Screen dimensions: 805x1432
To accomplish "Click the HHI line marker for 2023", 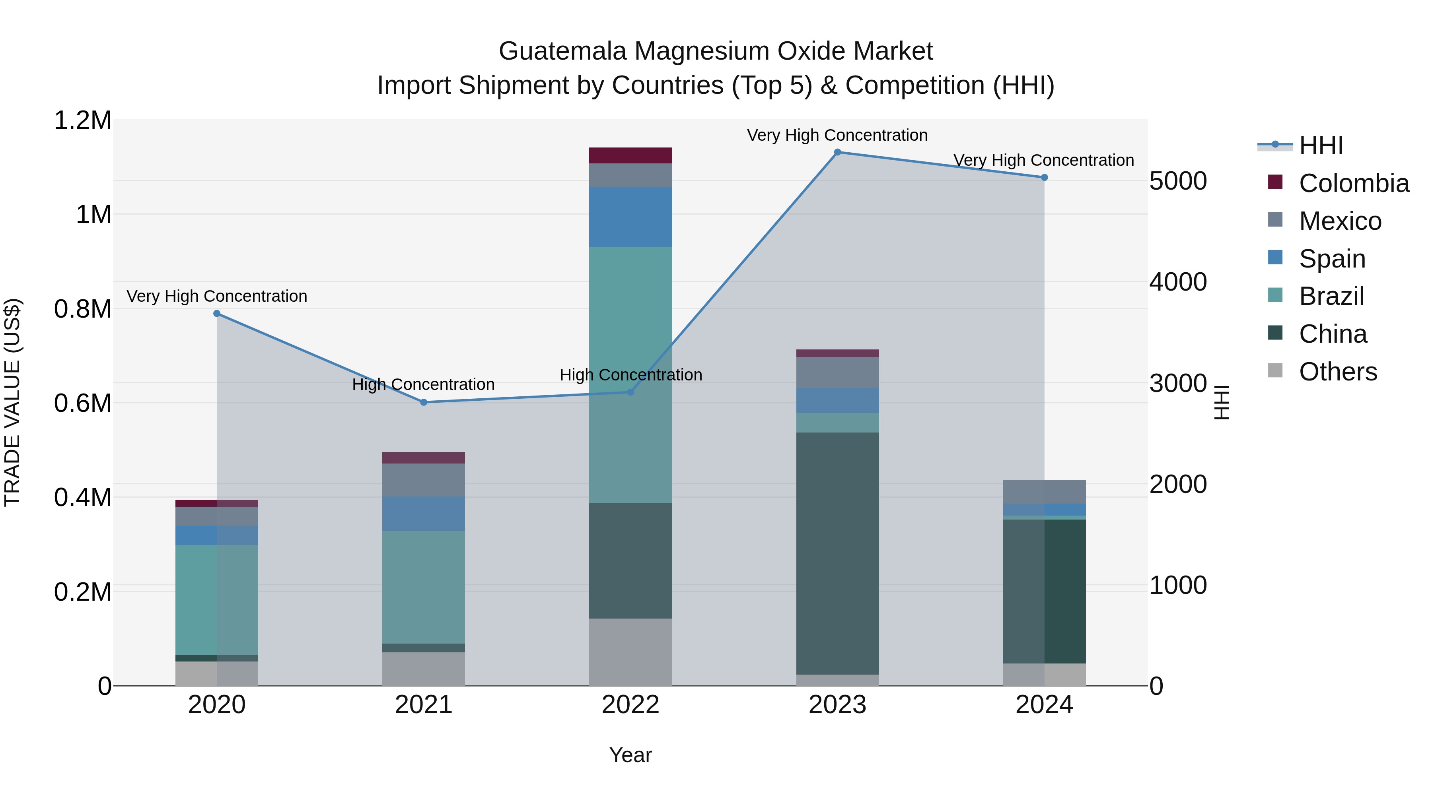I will [x=837, y=152].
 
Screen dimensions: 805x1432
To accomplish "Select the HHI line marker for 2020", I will [x=217, y=313].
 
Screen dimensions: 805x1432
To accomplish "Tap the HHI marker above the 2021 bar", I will [x=424, y=402].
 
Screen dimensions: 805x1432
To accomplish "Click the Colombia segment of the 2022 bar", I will [x=630, y=155].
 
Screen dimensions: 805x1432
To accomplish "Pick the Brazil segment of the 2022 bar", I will [x=630, y=375].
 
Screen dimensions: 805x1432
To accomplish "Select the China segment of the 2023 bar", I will [x=837, y=553].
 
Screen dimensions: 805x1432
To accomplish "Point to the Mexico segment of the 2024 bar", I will [x=1044, y=492].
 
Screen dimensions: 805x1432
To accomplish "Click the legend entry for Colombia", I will [x=1353, y=183].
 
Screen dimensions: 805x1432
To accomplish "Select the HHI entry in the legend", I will [x=1320, y=145].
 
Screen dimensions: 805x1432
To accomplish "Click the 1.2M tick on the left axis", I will [x=83, y=120].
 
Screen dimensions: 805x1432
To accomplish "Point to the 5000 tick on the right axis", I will [x=1177, y=181].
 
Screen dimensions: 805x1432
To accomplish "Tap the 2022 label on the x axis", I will [x=630, y=704].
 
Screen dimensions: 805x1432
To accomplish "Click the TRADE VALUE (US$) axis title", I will [x=13, y=402].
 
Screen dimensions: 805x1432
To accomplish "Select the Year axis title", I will [x=630, y=755].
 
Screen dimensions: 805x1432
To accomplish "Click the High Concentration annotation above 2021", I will [x=423, y=384].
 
